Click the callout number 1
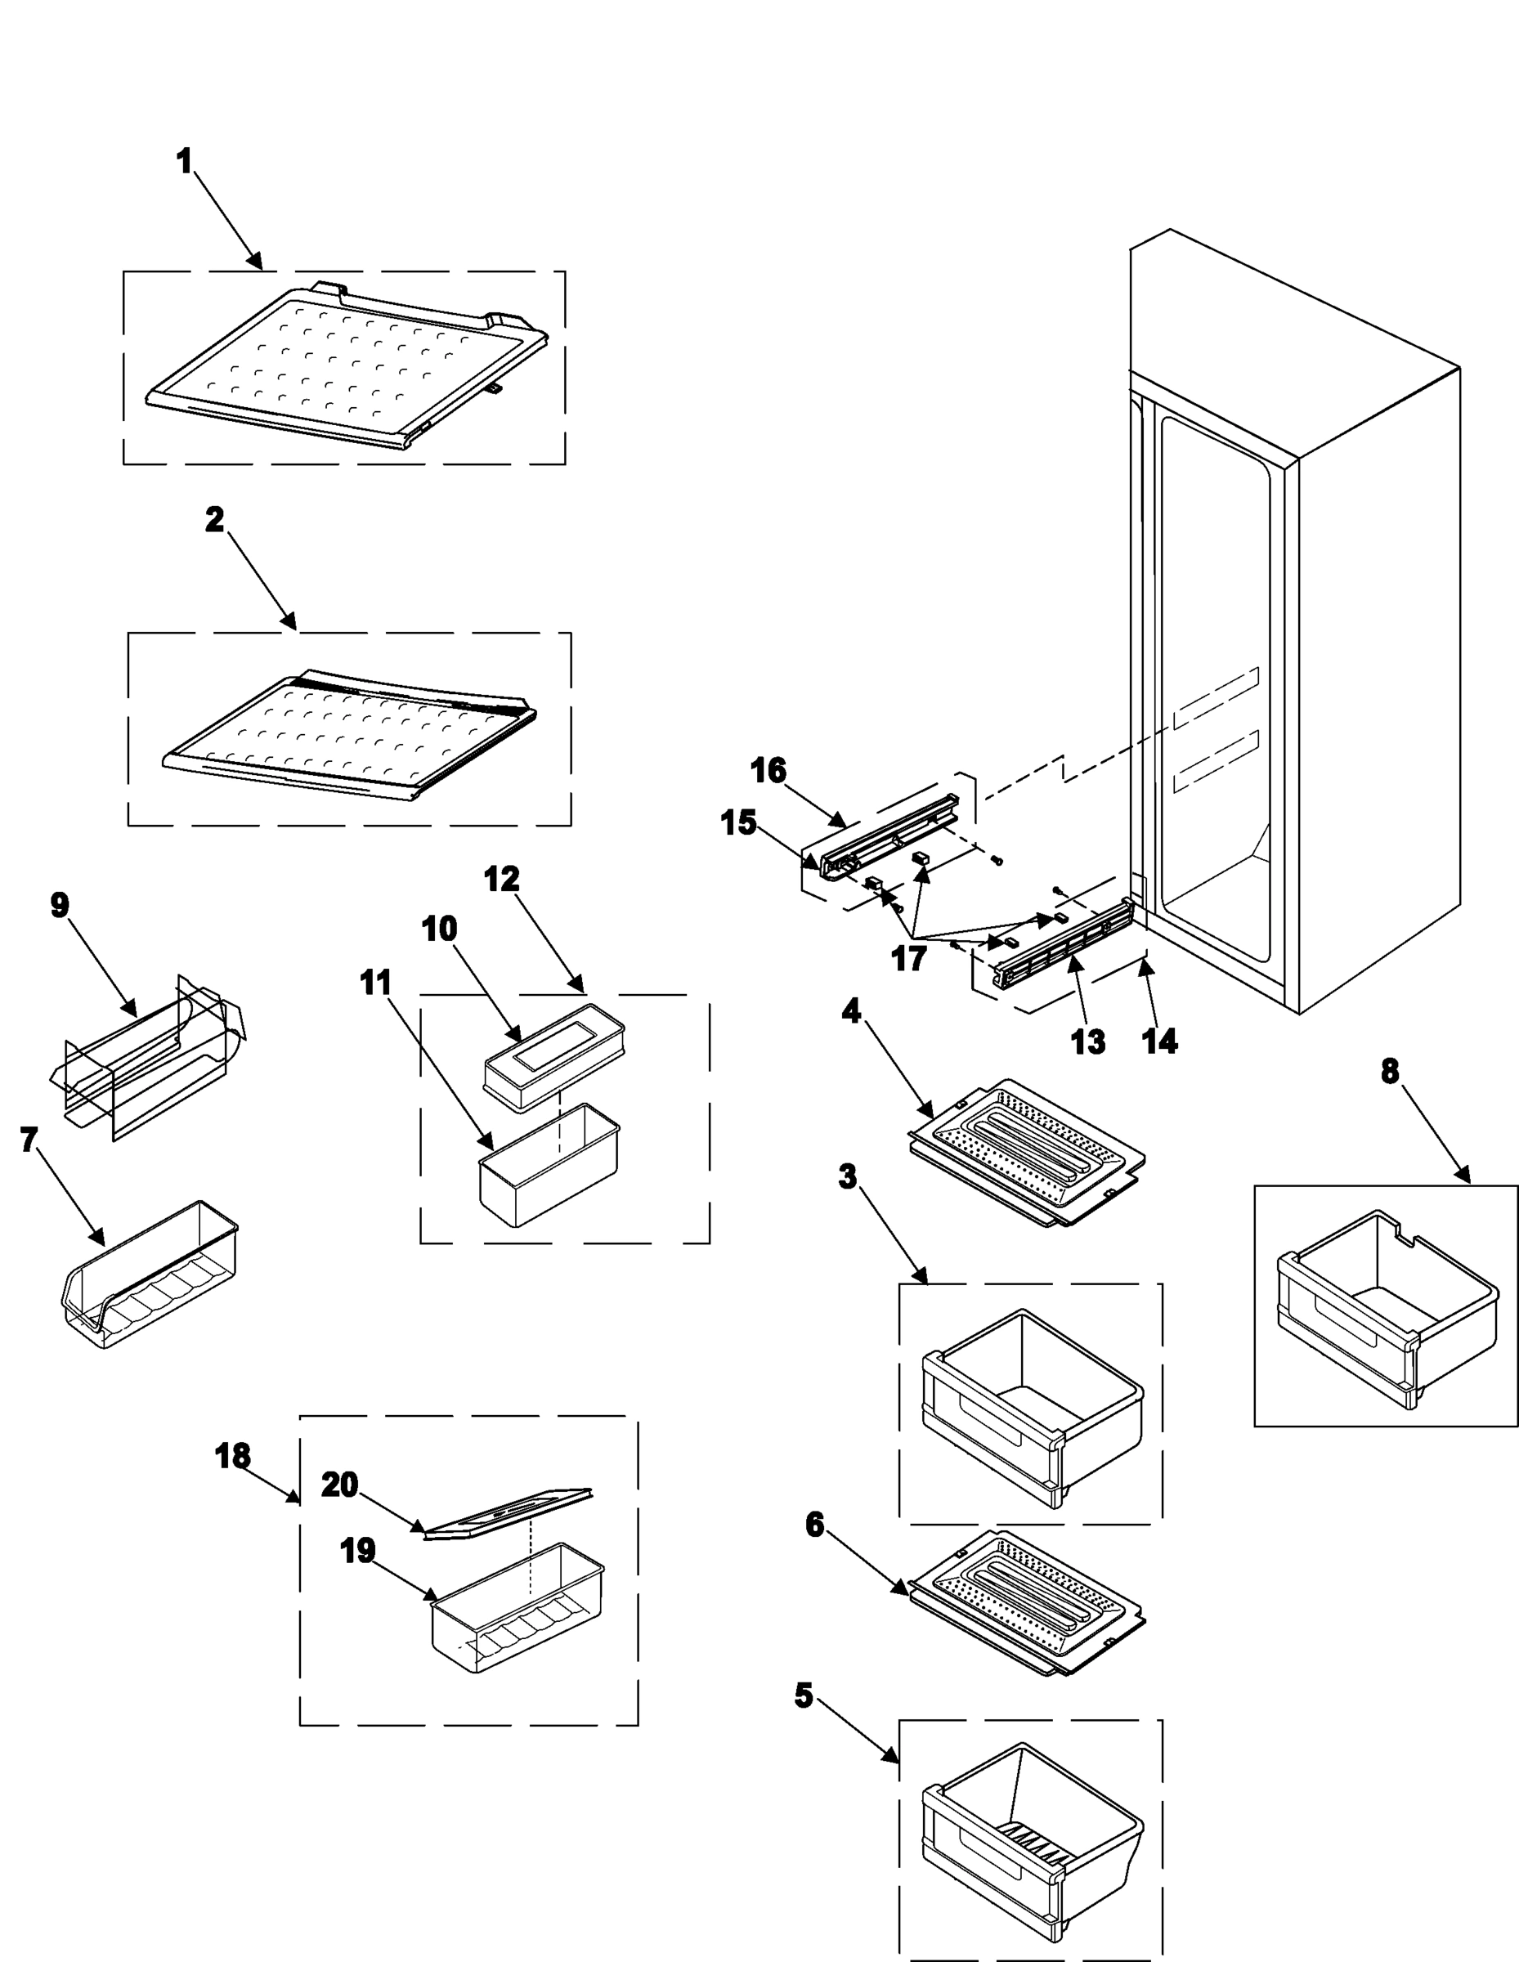click(x=184, y=162)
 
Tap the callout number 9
click(x=60, y=905)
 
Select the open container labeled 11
click(x=549, y=1164)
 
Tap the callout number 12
click(x=501, y=879)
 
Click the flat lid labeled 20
click(x=509, y=1515)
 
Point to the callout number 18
click(x=233, y=1456)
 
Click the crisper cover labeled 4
click(x=1027, y=1151)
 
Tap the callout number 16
click(x=768, y=770)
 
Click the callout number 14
click(x=1158, y=1041)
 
